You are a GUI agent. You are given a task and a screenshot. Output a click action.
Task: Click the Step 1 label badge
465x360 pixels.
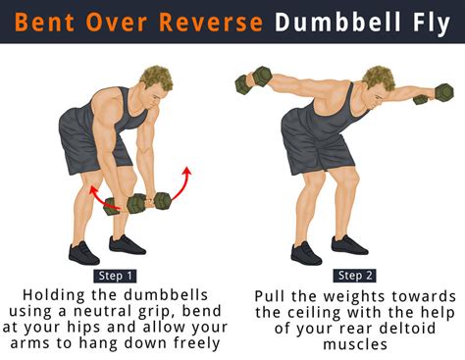(x=118, y=276)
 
